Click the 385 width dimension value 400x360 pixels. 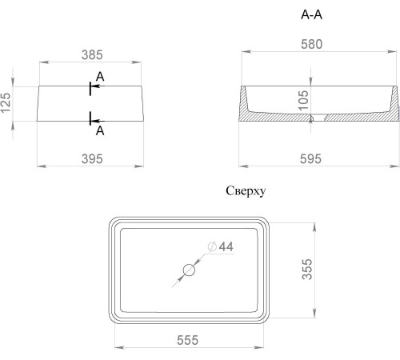click(92, 55)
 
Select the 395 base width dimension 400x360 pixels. click(92, 159)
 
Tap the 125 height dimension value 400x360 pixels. click(6, 102)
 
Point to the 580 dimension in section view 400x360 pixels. click(311, 44)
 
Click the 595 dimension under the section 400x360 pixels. click(310, 159)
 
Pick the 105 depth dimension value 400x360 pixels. click(303, 101)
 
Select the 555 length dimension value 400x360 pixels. click(188, 340)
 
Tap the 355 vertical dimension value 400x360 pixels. click(307, 270)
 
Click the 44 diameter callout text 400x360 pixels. click(226, 246)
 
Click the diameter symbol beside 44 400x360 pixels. click(212, 246)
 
